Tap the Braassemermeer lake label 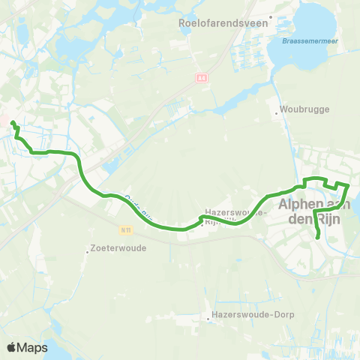pyautogui.click(x=312, y=43)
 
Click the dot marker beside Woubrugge pyautogui.click(x=277, y=115)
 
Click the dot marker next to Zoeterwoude pyautogui.click(x=87, y=252)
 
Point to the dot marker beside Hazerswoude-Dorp pyautogui.click(x=208, y=319)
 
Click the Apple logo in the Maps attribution pyautogui.click(x=11, y=347)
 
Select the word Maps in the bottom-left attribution pyautogui.click(x=32, y=347)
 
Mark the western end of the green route pyautogui.click(x=13, y=122)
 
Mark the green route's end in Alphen pyautogui.click(x=319, y=238)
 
